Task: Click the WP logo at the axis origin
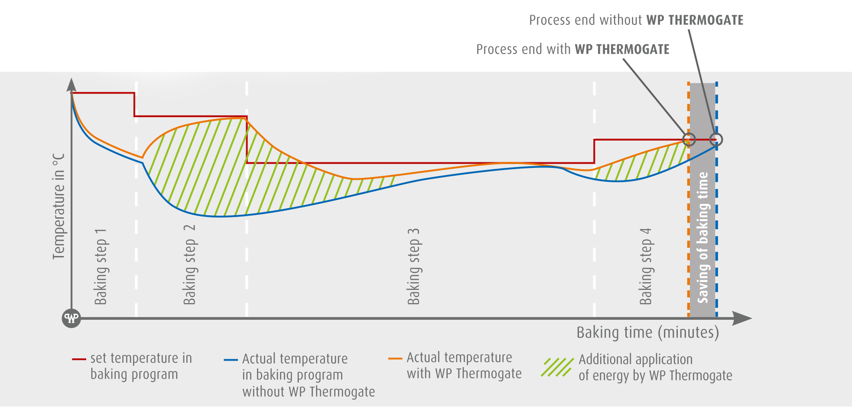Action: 72,318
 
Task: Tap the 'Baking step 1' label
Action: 101,266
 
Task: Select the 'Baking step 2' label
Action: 189,265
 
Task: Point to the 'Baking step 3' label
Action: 413,266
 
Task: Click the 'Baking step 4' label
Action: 645,266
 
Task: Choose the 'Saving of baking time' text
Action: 702,237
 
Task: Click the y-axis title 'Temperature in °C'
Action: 59,206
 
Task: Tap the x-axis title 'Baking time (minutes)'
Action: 647,333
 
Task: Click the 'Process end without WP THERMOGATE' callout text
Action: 636,20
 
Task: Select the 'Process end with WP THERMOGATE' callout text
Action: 572,49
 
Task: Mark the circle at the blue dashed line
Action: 716,140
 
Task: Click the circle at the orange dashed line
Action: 689,140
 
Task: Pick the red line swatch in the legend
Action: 79,359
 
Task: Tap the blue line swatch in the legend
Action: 231,360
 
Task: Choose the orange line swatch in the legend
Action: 395,359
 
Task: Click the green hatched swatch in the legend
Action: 557,368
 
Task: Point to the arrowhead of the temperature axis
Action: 72,84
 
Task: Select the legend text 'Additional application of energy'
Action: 655,368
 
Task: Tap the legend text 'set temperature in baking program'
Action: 141,366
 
